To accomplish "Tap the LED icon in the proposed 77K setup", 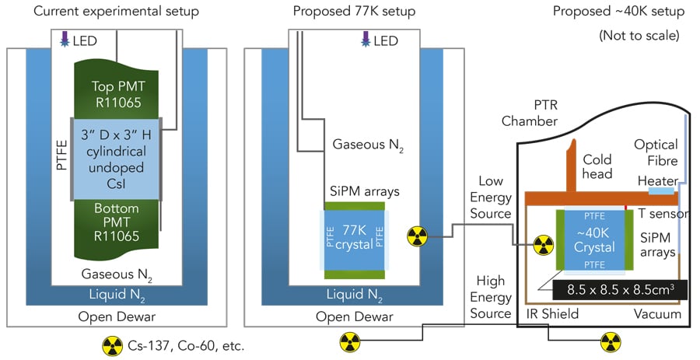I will click(365, 39).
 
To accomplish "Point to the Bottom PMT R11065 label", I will click(116, 218).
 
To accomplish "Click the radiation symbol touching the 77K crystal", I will click(418, 233).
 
